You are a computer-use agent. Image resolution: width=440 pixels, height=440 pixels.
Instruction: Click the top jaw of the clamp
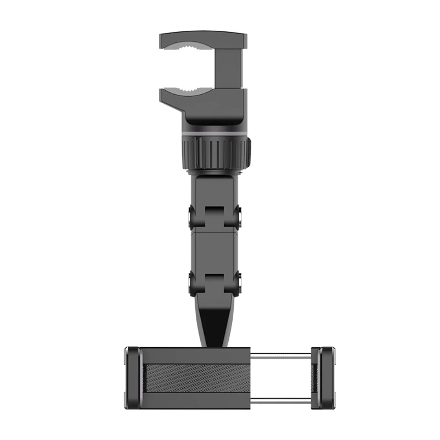pyautogui.click(x=202, y=40)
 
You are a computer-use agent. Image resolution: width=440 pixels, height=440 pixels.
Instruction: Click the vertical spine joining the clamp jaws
pyautogui.click(x=233, y=68)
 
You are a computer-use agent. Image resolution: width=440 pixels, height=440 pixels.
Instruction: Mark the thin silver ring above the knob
pyautogui.click(x=216, y=132)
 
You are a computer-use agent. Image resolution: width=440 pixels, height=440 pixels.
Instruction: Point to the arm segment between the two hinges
pyautogui.click(x=216, y=251)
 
